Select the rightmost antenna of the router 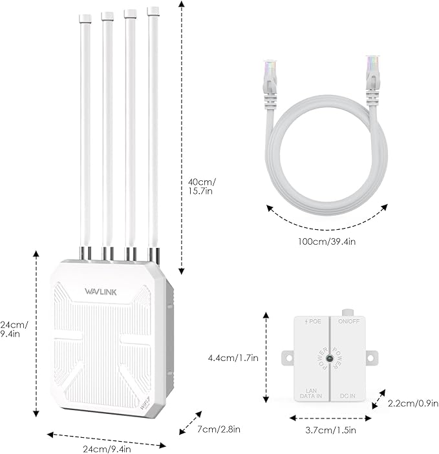tap(153, 129)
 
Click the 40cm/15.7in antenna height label tap(202, 187)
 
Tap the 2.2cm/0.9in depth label tap(409, 403)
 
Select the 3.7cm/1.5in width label tap(328, 429)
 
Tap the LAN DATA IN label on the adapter tap(313, 392)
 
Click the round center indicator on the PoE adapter tap(331, 358)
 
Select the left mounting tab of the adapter tap(287, 356)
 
